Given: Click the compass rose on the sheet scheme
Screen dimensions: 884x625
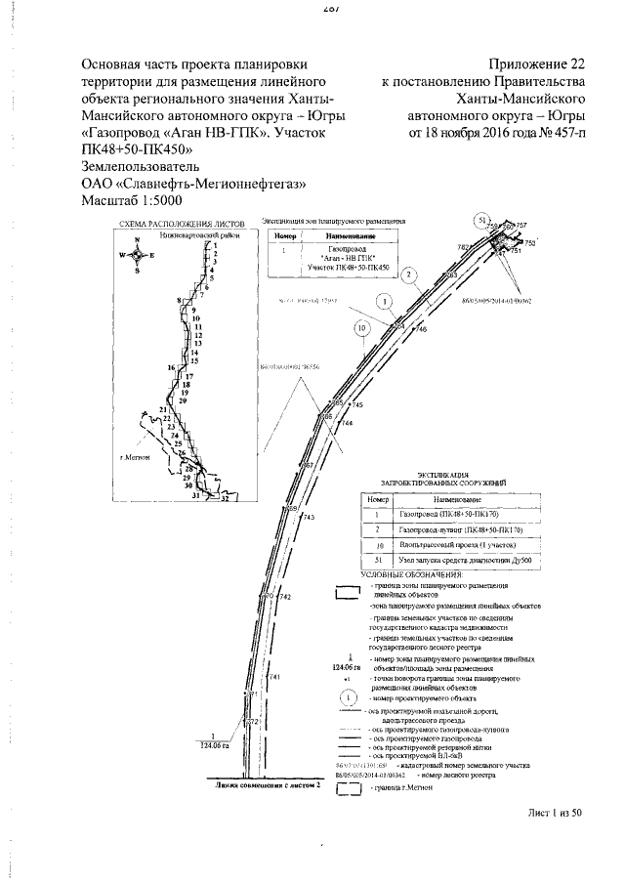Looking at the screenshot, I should pyautogui.click(x=139, y=255).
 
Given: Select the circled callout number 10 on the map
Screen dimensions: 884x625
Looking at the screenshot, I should pyautogui.click(x=363, y=329).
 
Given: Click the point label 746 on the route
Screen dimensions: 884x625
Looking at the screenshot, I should pyautogui.click(x=421, y=330).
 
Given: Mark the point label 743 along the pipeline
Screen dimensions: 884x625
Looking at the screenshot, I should pyautogui.click(x=309, y=517).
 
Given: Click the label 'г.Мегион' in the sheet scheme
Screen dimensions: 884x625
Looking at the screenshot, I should pyautogui.click(x=132, y=458).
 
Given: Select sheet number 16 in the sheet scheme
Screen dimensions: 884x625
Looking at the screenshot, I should pyautogui.click(x=172, y=368).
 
